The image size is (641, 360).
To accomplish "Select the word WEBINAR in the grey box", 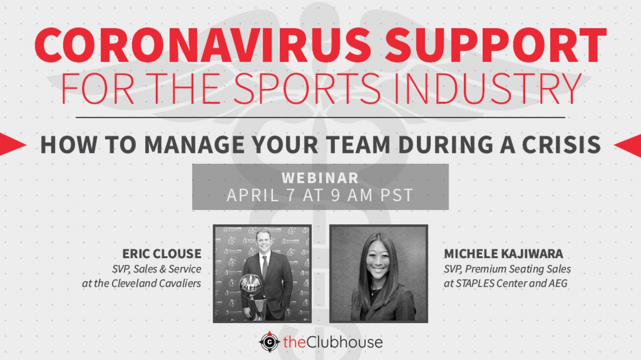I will [320, 178].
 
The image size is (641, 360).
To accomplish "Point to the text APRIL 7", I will [261, 196].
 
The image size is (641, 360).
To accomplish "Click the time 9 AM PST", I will [372, 196].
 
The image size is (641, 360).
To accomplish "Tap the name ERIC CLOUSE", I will [162, 254].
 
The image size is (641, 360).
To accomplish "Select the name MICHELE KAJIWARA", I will [503, 254].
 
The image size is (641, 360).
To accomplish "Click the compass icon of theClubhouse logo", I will [269, 342].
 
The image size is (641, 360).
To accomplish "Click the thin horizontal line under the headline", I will [320, 117].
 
